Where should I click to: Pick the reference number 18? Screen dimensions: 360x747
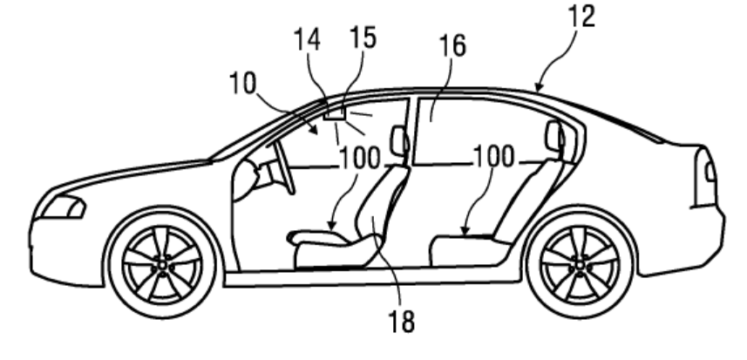[x=402, y=322]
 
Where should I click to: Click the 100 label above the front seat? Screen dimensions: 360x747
[x=359, y=159]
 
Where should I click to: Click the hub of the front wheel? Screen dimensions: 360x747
[x=164, y=261]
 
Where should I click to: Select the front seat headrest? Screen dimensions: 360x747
[x=400, y=140]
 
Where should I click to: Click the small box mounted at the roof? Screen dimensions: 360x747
[x=334, y=112]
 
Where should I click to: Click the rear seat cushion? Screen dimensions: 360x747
[x=470, y=249]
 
